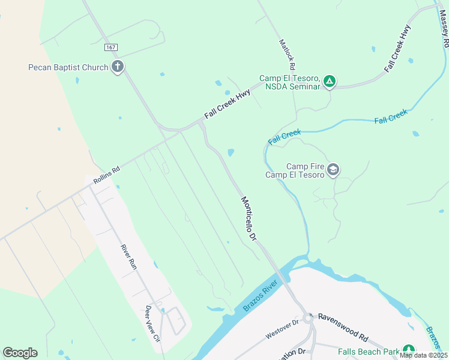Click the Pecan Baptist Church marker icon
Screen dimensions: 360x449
pos(118,67)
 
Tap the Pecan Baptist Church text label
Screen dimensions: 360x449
pos(68,67)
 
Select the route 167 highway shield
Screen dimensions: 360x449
pos(110,47)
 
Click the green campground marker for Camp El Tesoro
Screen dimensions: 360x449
pos(329,81)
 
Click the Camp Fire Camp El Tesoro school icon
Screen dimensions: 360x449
pos(333,170)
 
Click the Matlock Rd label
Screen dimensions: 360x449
pos(288,54)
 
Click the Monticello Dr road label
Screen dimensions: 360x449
pos(249,219)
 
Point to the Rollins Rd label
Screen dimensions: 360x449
pos(106,175)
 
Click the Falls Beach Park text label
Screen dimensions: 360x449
pos(369,352)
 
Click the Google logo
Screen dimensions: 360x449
pos(20,353)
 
